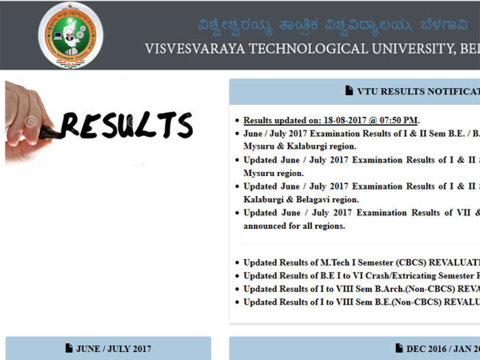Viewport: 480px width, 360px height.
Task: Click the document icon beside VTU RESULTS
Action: [349, 91]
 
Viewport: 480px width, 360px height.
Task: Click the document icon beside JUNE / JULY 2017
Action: [69, 348]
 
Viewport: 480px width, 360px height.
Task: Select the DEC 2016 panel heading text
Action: [442, 349]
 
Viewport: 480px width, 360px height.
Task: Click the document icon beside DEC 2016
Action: [399, 348]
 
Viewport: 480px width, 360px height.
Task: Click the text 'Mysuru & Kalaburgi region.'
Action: [300, 146]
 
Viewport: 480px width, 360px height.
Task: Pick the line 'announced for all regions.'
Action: [294, 226]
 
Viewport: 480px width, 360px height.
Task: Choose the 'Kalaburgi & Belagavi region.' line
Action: [301, 199]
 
